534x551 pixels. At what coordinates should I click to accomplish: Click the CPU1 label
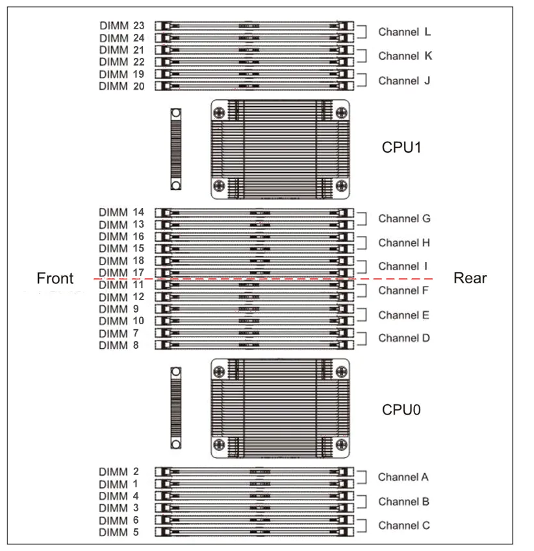click(x=401, y=147)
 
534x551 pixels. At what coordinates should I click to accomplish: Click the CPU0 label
click(x=401, y=409)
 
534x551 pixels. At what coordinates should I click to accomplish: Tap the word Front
click(x=55, y=278)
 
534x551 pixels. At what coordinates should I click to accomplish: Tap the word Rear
click(x=470, y=278)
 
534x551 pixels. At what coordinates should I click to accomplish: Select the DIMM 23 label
click(x=121, y=26)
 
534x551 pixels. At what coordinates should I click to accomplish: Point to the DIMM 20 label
click(x=121, y=86)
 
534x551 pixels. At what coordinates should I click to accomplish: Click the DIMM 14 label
click(x=121, y=212)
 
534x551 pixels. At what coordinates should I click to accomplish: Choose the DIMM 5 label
click(x=119, y=532)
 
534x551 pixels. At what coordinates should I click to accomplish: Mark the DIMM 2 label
click(x=119, y=472)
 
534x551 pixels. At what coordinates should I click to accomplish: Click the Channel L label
click(x=404, y=31)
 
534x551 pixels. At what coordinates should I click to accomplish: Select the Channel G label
click(x=404, y=218)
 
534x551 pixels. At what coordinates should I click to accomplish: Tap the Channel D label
click(x=404, y=338)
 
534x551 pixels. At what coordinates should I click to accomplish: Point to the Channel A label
click(x=403, y=477)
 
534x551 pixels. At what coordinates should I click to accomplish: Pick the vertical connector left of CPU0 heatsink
click(x=175, y=407)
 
